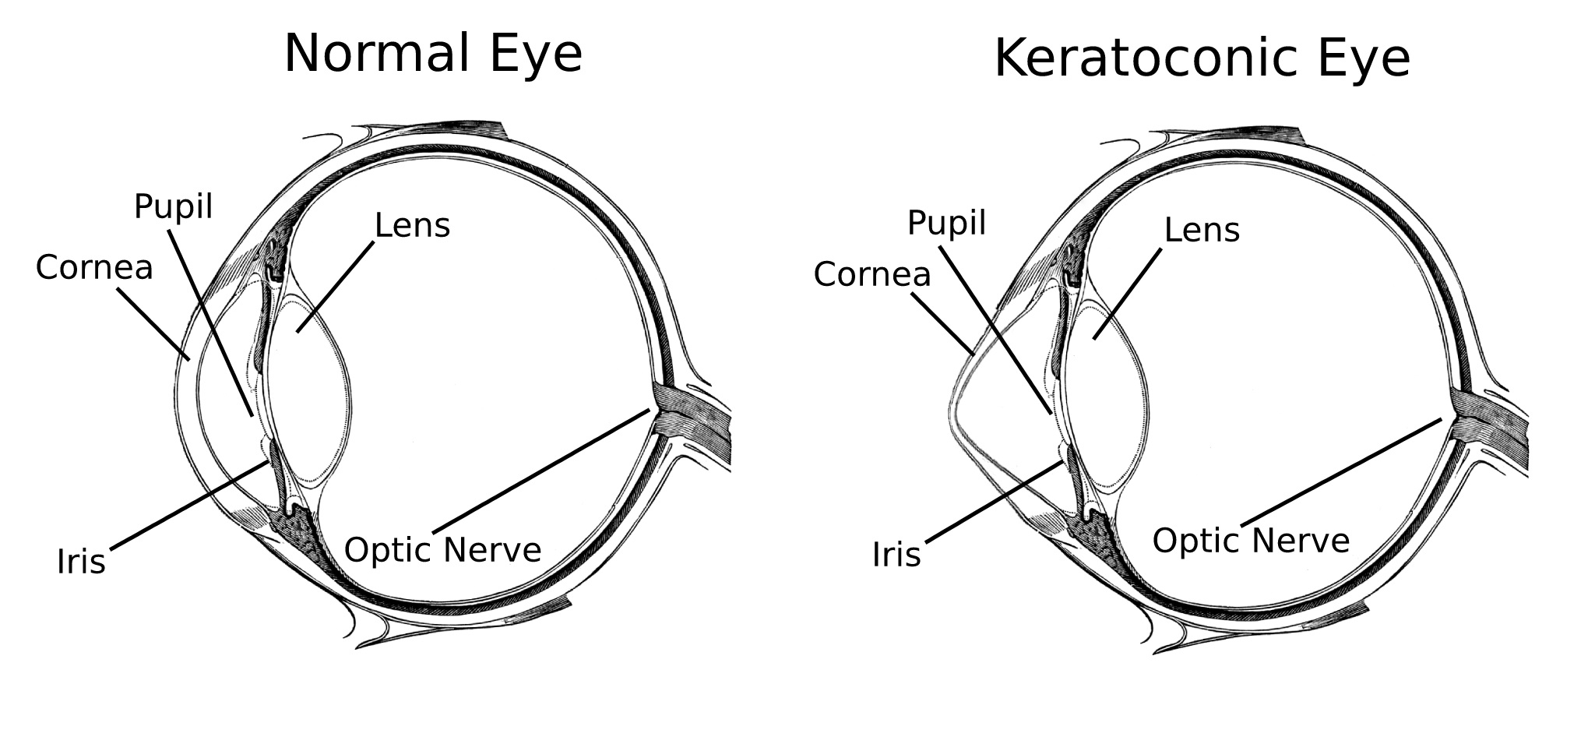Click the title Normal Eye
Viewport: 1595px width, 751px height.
[433, 55]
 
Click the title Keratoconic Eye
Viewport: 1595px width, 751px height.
[1202, 59]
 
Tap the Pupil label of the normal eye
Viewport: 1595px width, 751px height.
[173, 207]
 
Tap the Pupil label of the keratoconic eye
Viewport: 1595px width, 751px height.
[946, 224]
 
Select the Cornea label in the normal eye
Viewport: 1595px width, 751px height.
[94, 268]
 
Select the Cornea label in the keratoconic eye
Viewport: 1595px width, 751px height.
[872, 275]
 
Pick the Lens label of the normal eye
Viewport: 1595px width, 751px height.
[412, 226]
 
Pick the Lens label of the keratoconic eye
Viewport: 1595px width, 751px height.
[1202, 231]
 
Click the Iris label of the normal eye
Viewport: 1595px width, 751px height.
[81, 562]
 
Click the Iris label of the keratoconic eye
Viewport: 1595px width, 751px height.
[896, 555]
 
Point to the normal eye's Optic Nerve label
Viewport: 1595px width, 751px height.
[442, 550]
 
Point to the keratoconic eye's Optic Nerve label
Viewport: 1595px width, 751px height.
[1251, 541]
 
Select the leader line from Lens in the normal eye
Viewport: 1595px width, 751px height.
[335, 287]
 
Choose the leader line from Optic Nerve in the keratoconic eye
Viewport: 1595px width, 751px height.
[1340, 471]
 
